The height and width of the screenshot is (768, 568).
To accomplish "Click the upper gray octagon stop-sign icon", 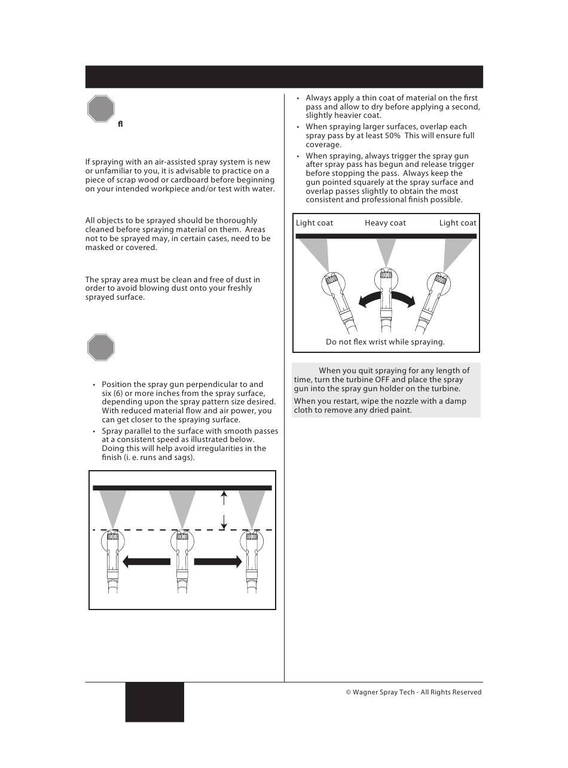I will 100,109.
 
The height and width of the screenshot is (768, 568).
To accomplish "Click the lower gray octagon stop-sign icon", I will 100,348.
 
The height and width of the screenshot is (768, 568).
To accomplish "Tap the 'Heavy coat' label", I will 385,223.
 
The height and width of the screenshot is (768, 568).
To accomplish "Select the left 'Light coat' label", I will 314,223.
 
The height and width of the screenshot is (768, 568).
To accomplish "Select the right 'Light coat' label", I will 457,223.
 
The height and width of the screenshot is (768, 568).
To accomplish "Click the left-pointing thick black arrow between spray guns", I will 146,562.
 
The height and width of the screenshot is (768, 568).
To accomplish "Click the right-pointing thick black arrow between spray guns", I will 218,562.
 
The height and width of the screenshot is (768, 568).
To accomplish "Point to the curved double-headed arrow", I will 386,297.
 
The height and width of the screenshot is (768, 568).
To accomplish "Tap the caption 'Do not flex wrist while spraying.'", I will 385,342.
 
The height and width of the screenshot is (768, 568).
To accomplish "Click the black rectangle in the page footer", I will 154,702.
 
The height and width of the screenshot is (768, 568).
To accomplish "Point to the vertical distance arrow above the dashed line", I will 224,510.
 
